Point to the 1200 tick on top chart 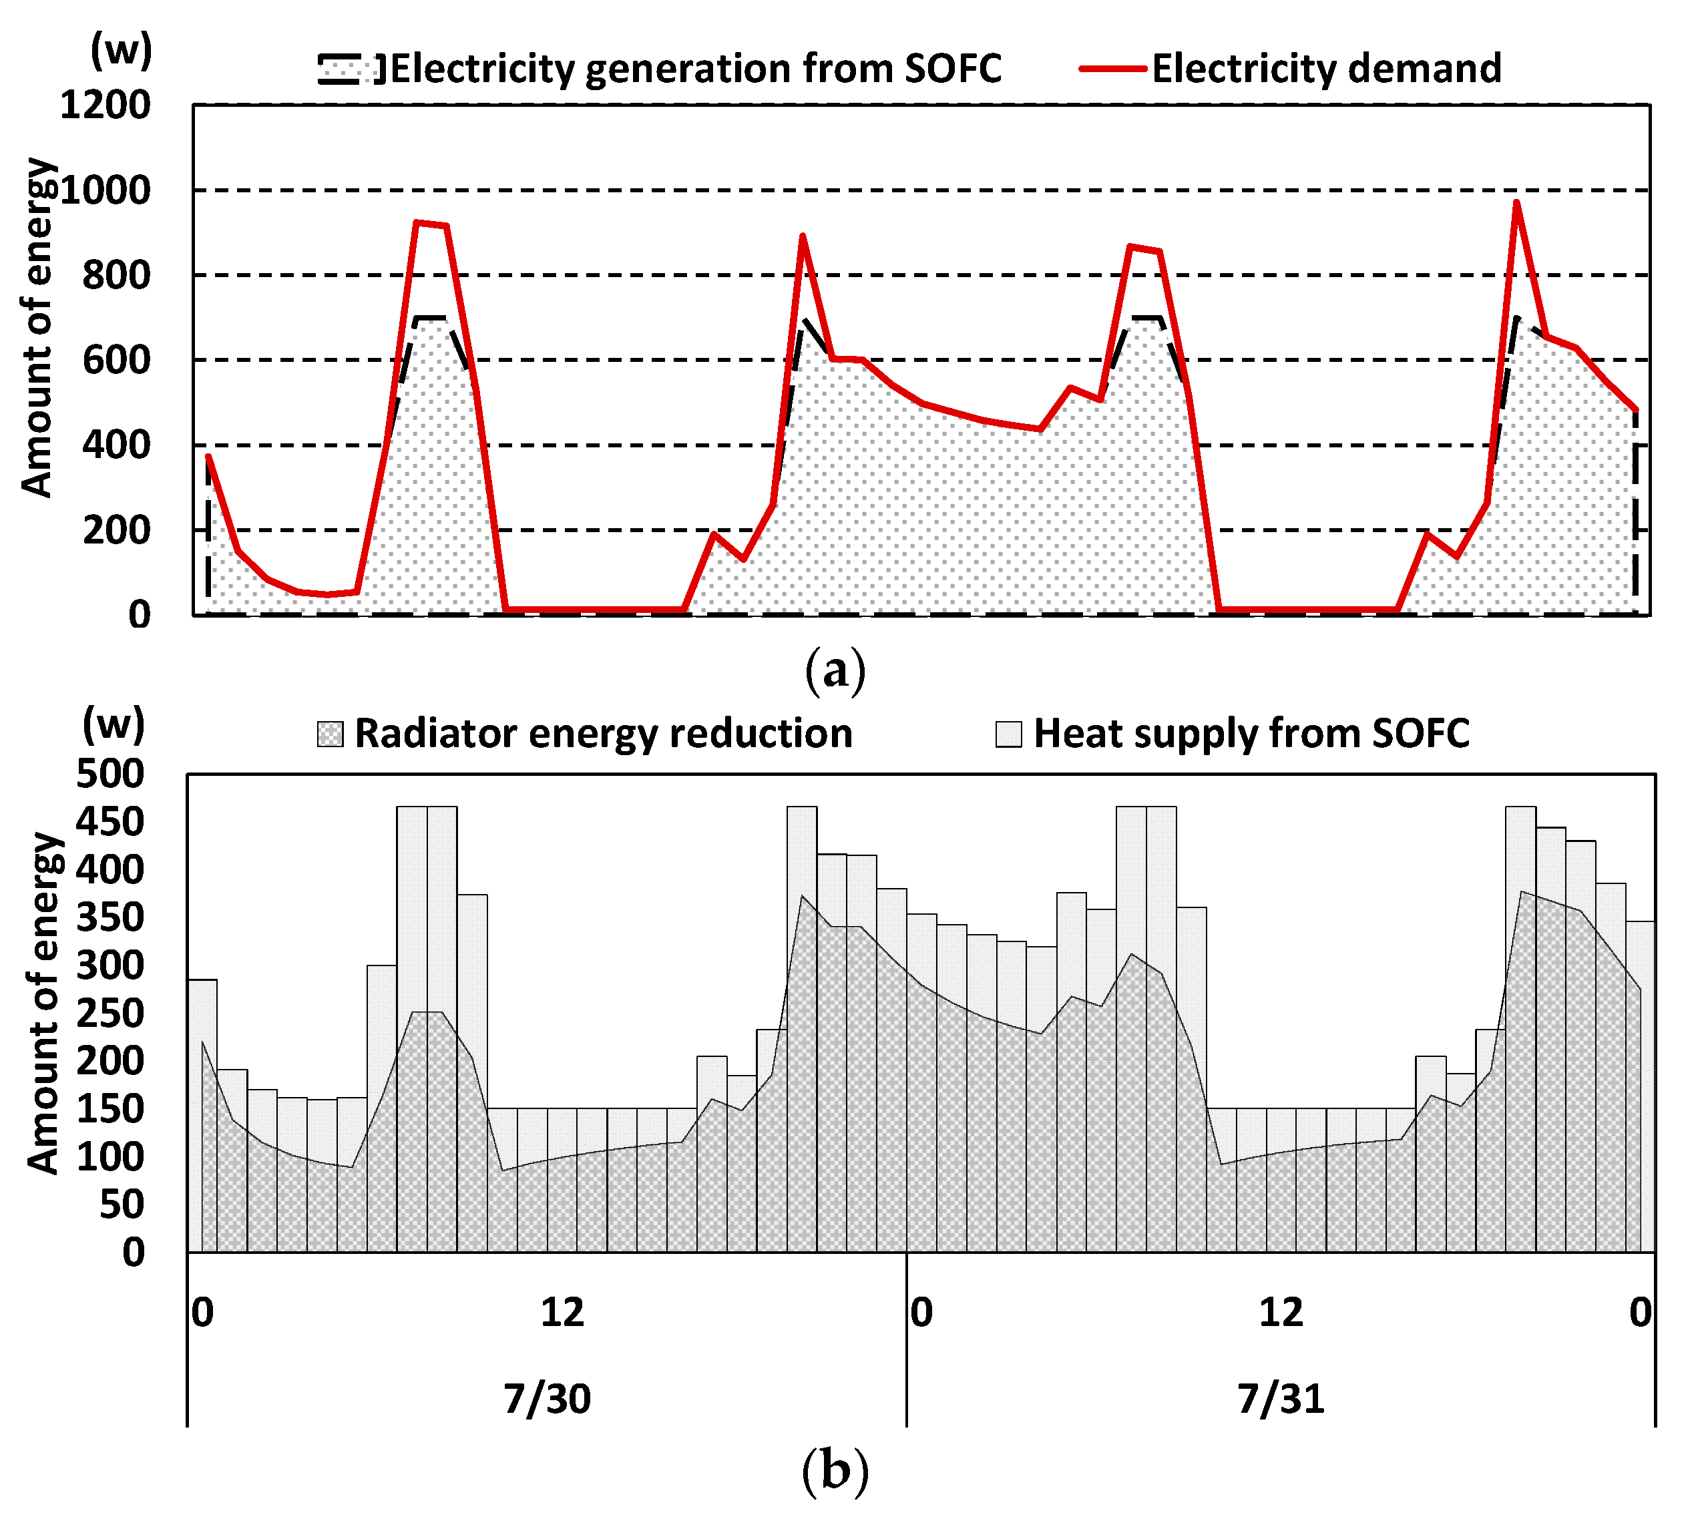tap(105, 106)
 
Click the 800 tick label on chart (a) tap(116, 275)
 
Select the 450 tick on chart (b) tap(110, 822)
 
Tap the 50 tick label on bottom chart tap(121, 1205)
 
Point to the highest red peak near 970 tap(1516, 203)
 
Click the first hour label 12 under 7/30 tap(562, 1313)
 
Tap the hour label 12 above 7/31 tap(1280, 1313)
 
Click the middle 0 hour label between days tap(921, 1313)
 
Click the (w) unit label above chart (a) tap(121, 50)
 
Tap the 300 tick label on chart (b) tap(110, 965)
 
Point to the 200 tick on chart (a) tap(116, 531)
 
